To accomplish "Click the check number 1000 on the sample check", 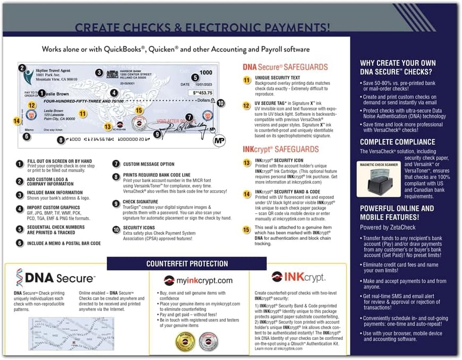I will (206, 72).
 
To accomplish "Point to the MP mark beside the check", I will (218, 141).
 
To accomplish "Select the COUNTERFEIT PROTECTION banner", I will (187, 263).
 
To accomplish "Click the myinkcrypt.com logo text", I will (198, 280).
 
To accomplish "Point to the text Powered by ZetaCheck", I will (387, 227).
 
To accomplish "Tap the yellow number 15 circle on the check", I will (140, 110).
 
